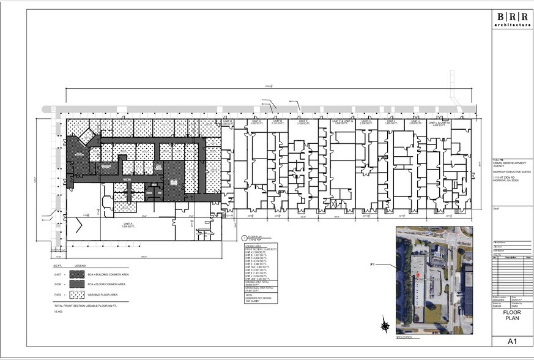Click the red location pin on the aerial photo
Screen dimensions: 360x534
point(418,276)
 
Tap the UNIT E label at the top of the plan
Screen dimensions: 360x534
point(302,122)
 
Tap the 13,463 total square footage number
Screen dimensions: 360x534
point(58,312)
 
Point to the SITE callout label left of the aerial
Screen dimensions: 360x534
point(372,265)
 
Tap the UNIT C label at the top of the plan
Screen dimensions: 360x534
point(256,122)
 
